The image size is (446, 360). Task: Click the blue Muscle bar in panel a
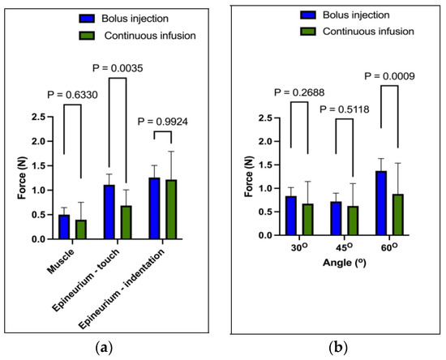tap(64, 227)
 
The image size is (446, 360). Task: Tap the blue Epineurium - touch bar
tap(109, 212)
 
